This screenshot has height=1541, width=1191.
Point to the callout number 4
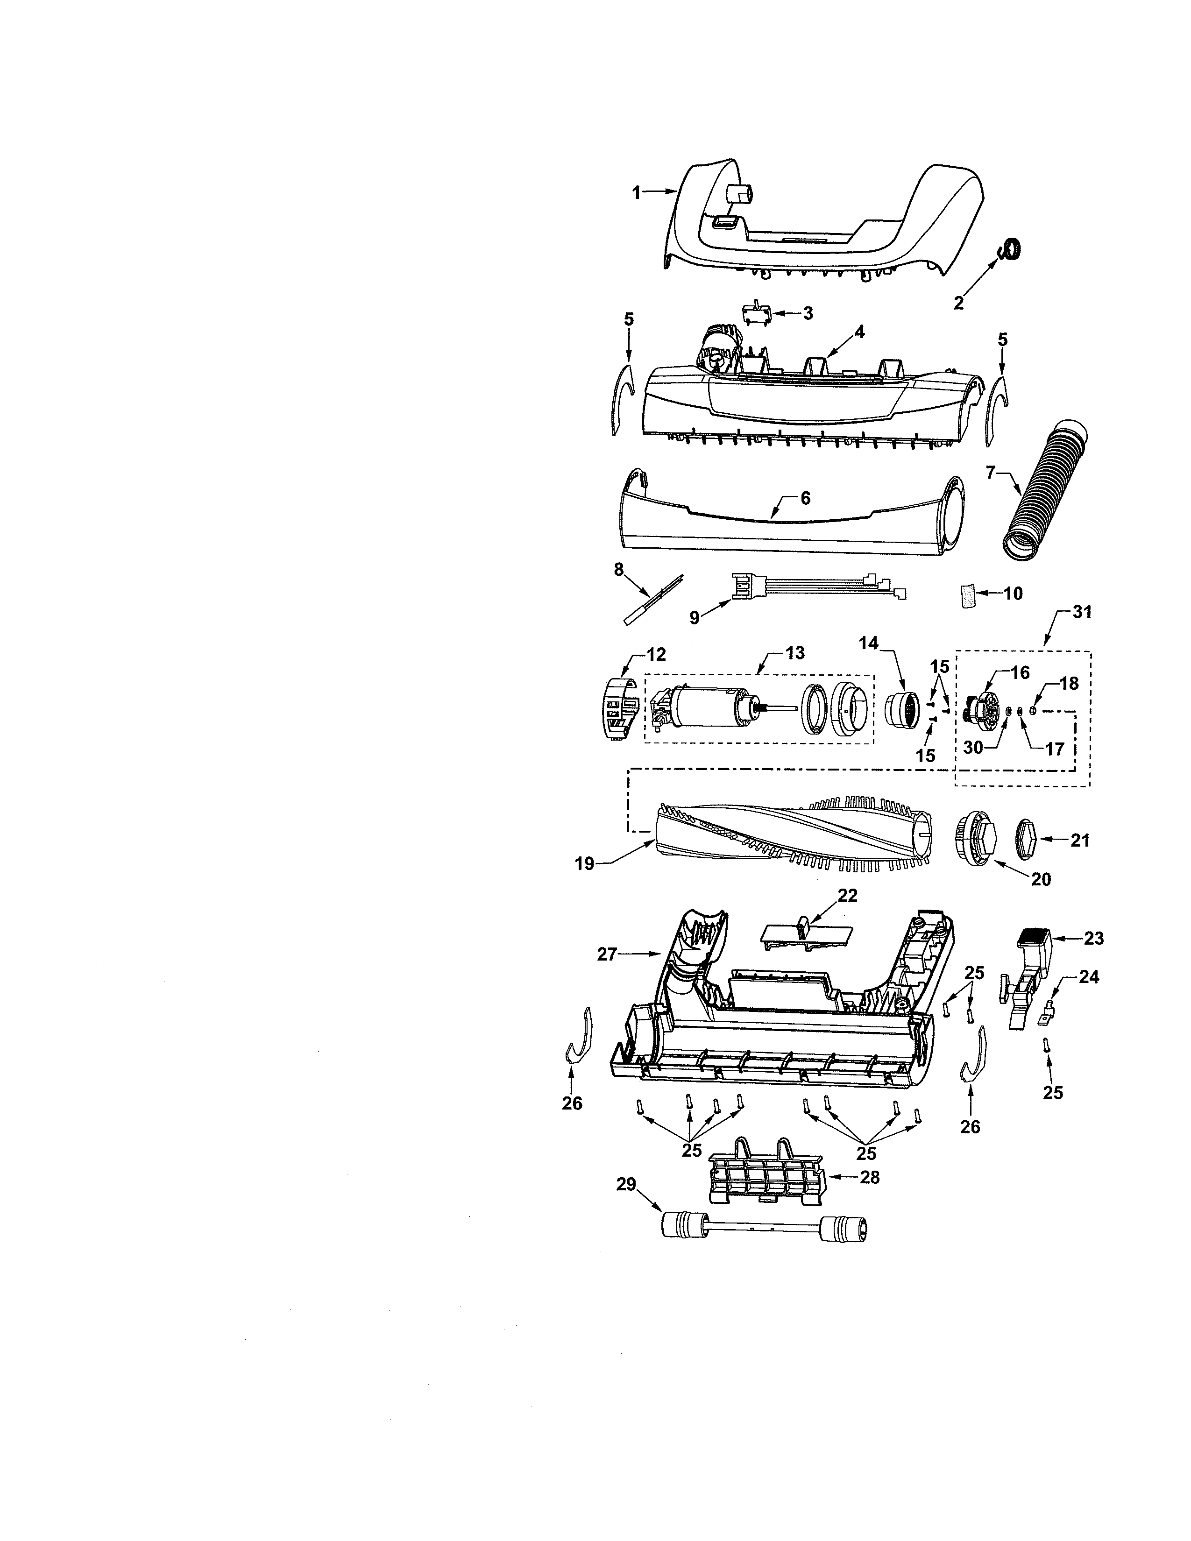pyautogui.click(x=859, y=331)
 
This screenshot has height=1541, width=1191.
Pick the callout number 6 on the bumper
pyautogui.click(x=804, y=498)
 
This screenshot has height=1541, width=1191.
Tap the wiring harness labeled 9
pyautogui.click(x=811, y=597)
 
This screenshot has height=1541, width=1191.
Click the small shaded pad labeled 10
pyautogui.click(x=965, y=595)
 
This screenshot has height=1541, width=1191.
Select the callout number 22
pyautogui.click(x=847, y=895)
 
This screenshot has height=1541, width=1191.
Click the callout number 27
pyautogui.click(x=607, y=954)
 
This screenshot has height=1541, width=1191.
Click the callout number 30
pyautogui.click(x=973, y=747)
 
